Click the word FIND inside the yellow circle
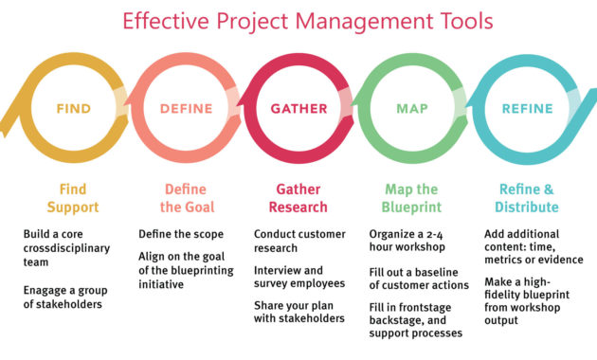(73, 109)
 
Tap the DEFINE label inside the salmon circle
(186, 109)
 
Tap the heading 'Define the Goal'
(186, 198)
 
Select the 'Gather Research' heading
(297, 198)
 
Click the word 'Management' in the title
(339, 20)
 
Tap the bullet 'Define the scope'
(181, 233)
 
